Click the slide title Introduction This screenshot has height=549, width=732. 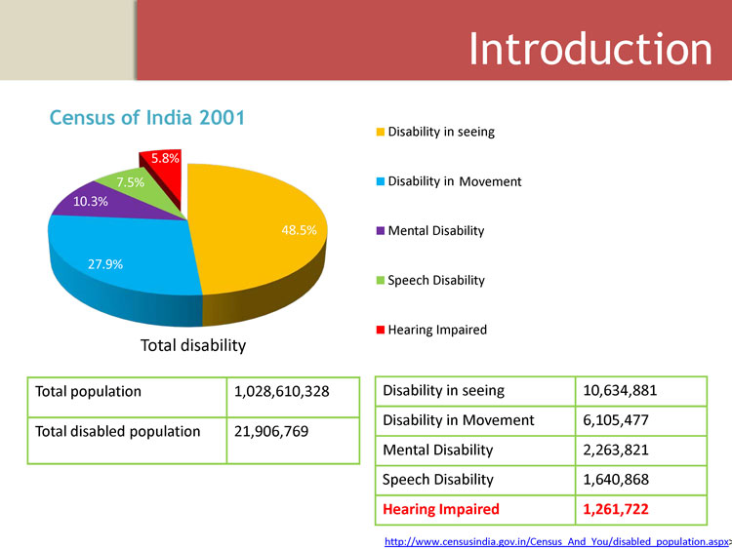590,49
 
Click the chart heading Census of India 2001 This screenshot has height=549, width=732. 147,118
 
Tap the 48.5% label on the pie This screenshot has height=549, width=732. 299,230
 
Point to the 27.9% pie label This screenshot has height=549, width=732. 105,263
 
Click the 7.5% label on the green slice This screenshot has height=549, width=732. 130,182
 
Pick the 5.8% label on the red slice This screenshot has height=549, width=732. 164,157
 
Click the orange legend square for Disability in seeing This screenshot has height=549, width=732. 381,132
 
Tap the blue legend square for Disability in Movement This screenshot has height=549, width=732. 381,181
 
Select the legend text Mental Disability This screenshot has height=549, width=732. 435,231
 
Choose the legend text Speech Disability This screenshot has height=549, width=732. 436,280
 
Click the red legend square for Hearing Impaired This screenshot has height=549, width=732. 381,330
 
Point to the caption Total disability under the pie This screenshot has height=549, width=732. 193,345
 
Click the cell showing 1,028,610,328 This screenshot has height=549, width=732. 282,391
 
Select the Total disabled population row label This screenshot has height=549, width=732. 118,431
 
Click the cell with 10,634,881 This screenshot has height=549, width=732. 620,391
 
